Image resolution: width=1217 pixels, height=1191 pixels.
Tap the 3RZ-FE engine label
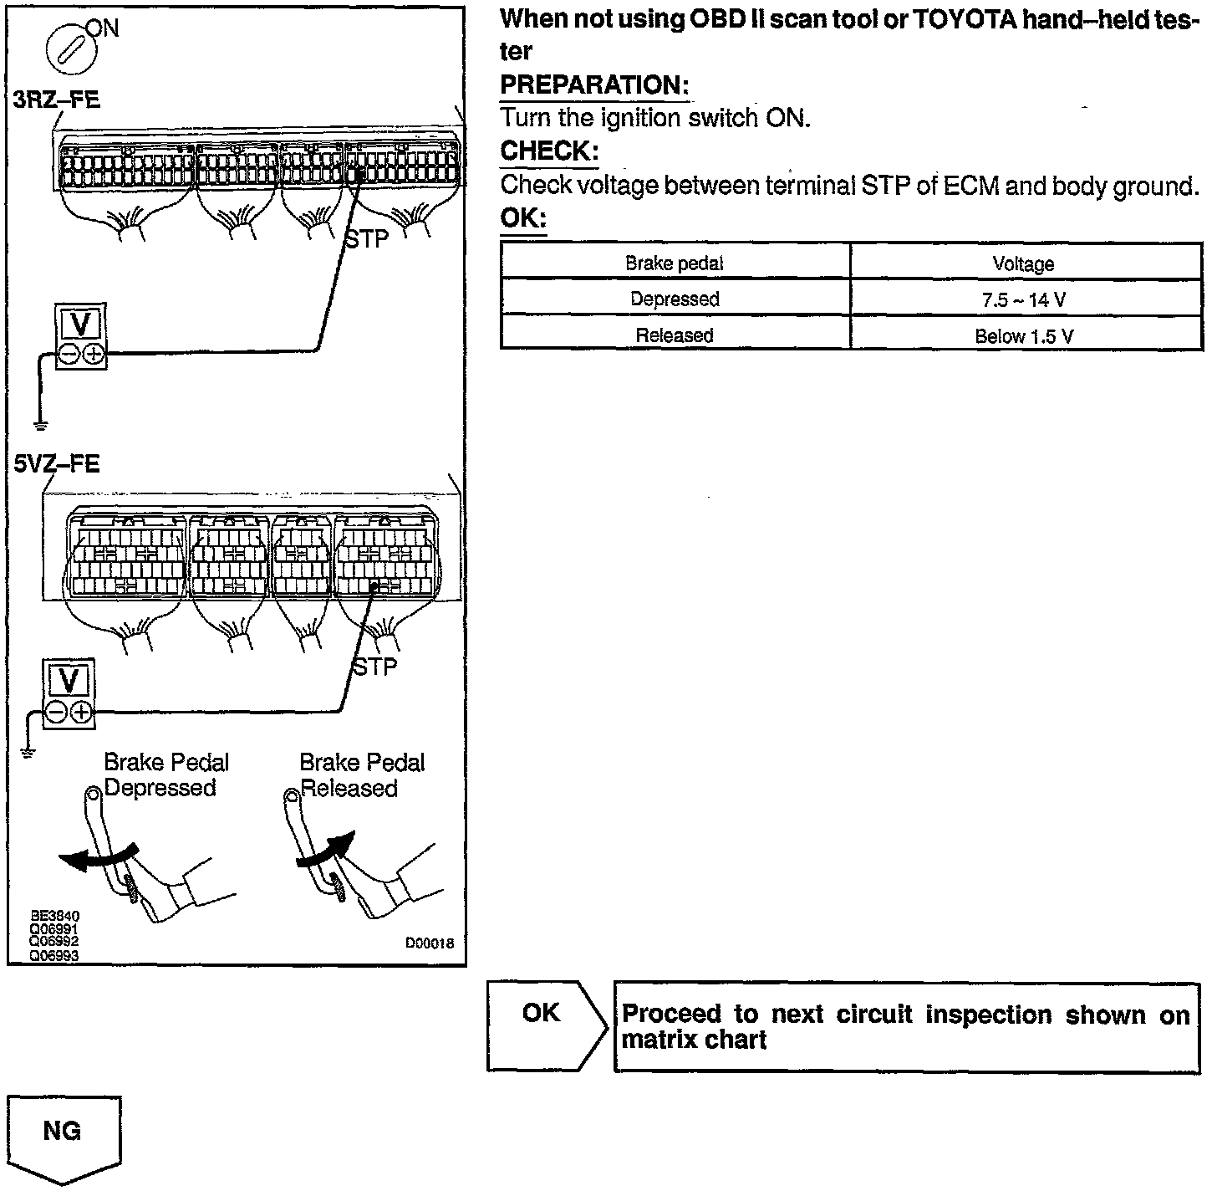click(57, 100)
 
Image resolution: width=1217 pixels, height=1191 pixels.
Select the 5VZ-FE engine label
click(57, 463)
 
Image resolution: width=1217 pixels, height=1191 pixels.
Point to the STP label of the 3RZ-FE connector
click(367, 239)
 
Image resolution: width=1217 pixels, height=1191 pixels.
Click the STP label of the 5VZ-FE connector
click(374, 667)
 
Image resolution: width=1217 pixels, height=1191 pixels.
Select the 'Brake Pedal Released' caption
click(361, 775)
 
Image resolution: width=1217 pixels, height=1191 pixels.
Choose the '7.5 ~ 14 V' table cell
click(1024, 300)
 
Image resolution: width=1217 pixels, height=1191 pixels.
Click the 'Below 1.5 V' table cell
click(1024, 336)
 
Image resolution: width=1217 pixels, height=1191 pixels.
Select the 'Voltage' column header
click(1024, 264)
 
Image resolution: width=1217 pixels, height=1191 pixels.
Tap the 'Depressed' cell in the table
click(675, 299)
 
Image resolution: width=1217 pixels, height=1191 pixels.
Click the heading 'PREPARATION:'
click(594, 84)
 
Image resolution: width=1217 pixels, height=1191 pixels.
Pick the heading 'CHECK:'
click(549, 151)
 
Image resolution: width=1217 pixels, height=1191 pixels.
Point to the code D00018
click(430, 943)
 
